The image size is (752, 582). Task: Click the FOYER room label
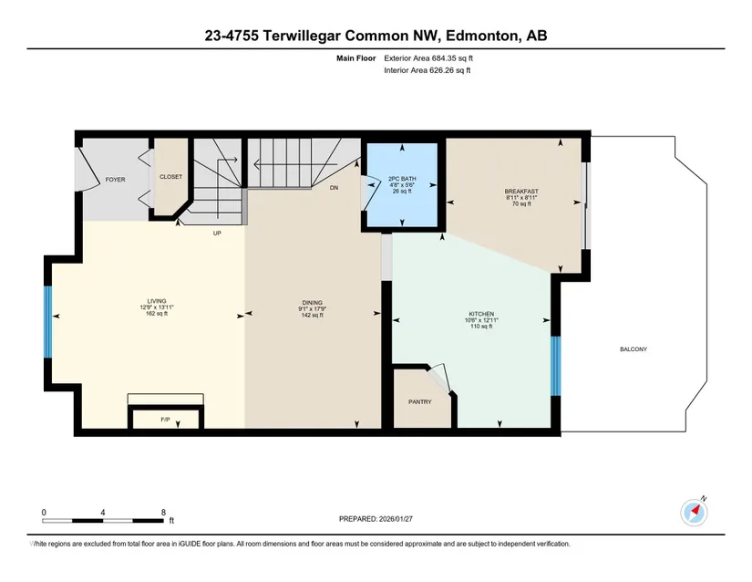coord(115,180)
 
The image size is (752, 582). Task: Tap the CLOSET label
coord(170,177)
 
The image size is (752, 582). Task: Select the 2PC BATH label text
coord(402,179)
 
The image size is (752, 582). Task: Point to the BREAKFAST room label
coord(521,191)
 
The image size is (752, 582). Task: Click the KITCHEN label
coord(481,314)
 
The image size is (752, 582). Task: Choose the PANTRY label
coord(419,402)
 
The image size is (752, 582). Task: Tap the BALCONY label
coord(634,349)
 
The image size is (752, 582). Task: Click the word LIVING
coord(157,301)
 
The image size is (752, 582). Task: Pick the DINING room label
coord(313,303)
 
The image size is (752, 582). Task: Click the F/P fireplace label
coord(165,420)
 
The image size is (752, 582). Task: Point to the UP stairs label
coord(217,234)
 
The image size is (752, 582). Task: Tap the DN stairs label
coord(334,188)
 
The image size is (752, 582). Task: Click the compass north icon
coord(694,512)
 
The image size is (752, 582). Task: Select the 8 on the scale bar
coord(163,512)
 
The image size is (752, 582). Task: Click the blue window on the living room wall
coord(47,322)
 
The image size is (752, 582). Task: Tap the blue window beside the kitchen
coord(555,366)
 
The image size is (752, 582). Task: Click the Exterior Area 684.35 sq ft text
coord(428,58)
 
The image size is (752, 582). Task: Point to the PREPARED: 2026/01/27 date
coord(376,519)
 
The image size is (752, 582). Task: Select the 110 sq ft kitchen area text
coord(481,327)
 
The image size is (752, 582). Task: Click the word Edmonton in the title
coord(482,36)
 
